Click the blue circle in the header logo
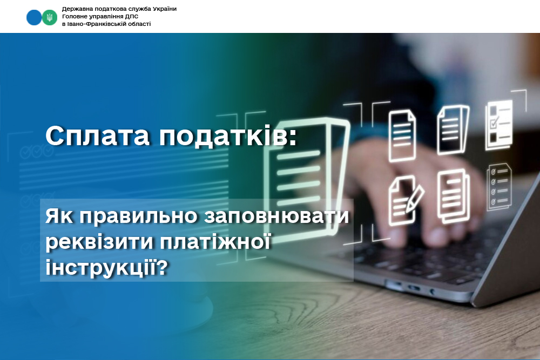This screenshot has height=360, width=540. click(33, 17)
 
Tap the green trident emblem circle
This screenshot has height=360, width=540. click(50, 17)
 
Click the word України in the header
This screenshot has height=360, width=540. click(164, 9)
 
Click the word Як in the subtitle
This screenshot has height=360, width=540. click(59, 216)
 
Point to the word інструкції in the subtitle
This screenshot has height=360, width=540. click(99, 267)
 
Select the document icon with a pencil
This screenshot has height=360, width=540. click(406, 200)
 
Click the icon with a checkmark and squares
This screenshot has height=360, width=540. click(498, 125)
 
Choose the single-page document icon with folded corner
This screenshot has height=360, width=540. click(402, 135)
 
